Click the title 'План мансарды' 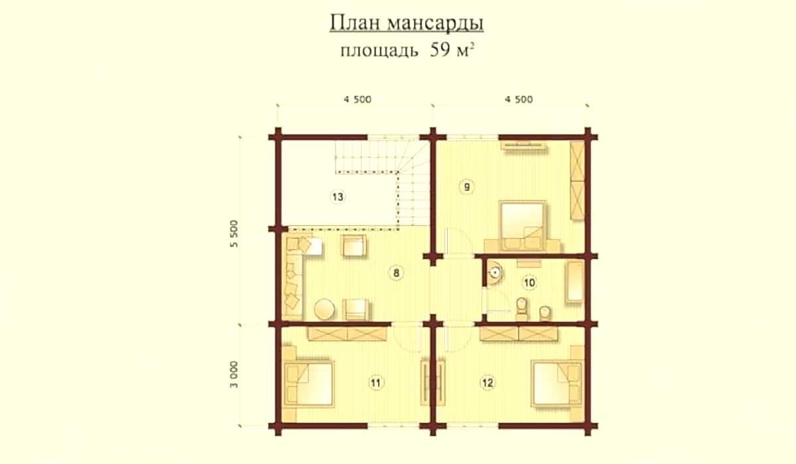coord(407,24)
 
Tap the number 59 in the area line coord(440,50)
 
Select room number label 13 coord(338,197)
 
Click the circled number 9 coord(466,187)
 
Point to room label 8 coord(396,273)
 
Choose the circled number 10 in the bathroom coord(529,283)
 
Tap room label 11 coord(375,382)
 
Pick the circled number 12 coord(487,382)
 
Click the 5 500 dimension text coord(233,233)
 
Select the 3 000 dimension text coord(233,375)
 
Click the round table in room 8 coord(324,310)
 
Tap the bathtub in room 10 coord(575,282)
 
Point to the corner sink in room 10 coord(494,272)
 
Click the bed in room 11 coord(308,383)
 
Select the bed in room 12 coord(557,383)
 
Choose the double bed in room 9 coord(523,226)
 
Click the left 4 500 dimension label coord(358,99)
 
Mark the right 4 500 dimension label coord(519,99)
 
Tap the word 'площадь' coord(379,51)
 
